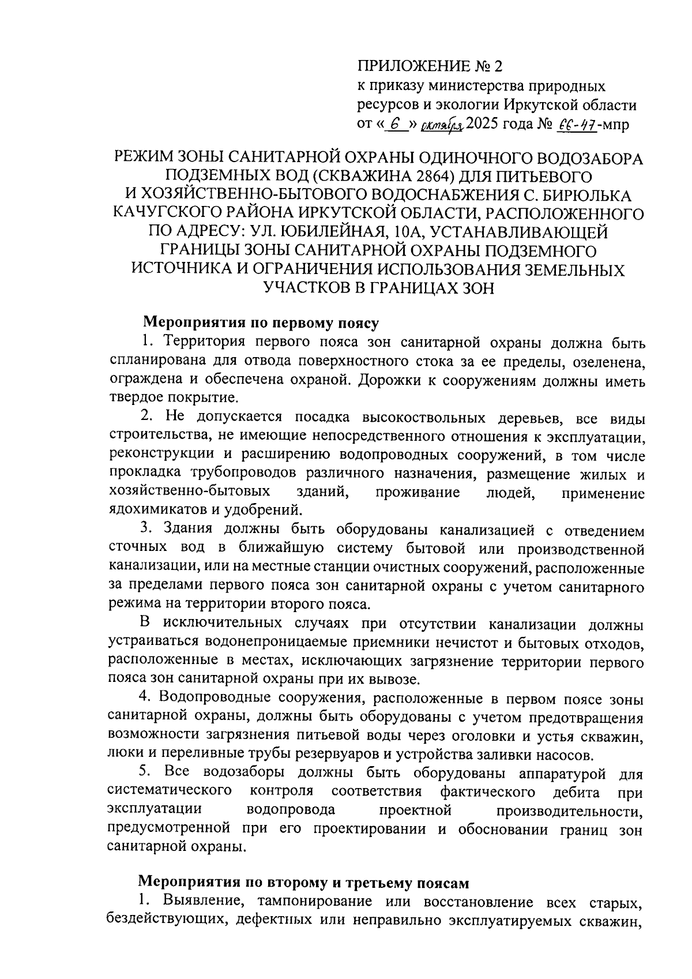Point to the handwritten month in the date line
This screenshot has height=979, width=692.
pos(441,123)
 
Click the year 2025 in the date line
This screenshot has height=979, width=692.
pos(486,123)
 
